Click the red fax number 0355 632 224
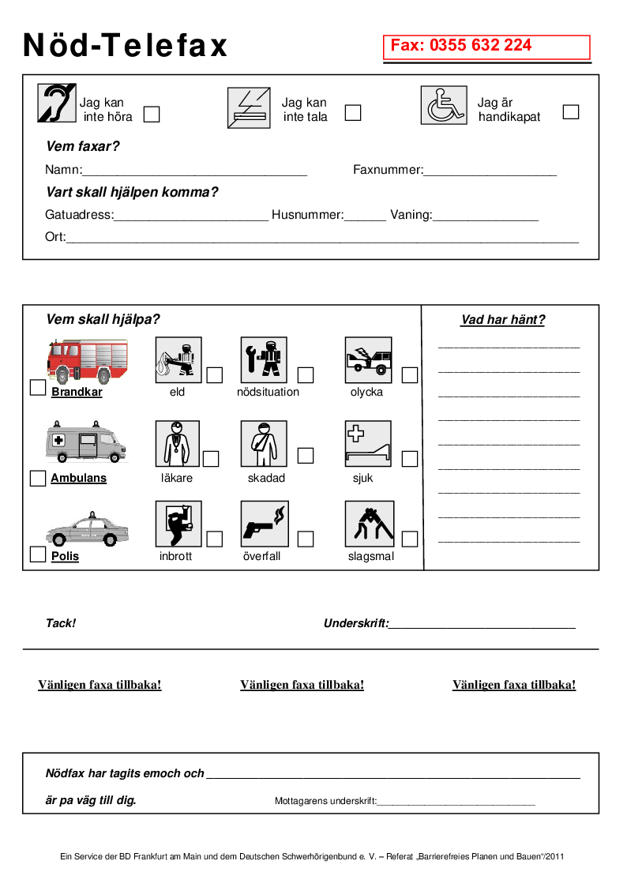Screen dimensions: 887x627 click(461, 46)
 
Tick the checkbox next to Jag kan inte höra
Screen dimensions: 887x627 click(152, 115)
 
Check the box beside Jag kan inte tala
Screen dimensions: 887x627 click(353, 113)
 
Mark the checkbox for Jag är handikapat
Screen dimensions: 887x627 click(571, 112)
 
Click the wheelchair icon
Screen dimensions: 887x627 click(444, 105)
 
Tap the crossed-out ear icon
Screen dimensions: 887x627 click(57, 103)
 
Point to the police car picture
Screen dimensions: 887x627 click(86, 529)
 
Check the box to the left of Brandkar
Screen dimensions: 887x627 click(37, 388)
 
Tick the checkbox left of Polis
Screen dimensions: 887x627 click(37, 554)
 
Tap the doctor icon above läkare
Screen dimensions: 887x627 click(178, 443)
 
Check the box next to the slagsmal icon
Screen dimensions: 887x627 click(409, 539)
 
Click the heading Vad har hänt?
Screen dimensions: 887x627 click(503, 320)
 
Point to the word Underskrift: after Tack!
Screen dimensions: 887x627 click(356, 623)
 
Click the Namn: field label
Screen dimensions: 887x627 click(63, 170)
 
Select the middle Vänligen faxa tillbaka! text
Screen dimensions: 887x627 click(302, 685)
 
